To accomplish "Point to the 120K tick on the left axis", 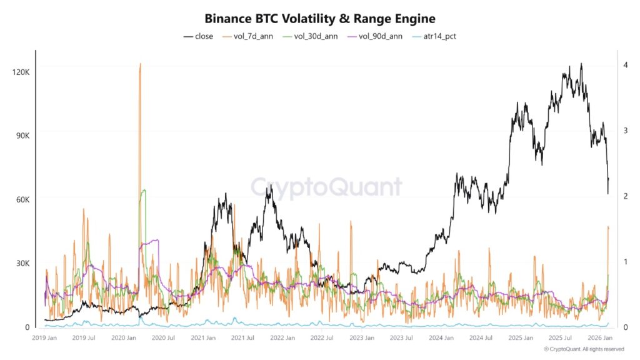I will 21,72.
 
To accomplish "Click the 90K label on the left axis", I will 22,136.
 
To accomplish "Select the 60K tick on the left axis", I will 22,199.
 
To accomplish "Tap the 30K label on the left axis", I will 22,263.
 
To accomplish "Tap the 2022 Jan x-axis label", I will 282,337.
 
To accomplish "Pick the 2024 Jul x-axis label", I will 481,337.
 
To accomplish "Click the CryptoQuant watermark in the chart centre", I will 326,187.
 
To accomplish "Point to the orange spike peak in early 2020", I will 140,64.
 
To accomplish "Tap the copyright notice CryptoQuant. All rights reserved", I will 584,349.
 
